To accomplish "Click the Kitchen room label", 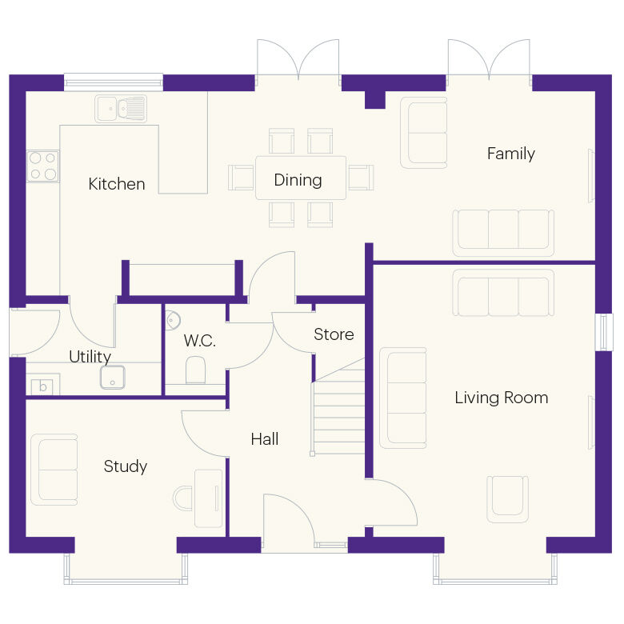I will (x=117, y=184).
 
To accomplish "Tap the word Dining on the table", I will (x=298, y=180).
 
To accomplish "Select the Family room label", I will (x=510, y=154).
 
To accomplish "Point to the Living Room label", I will (x=501, y=398).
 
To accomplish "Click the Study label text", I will (x=126, y=466).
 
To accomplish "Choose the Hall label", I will (x=265, y=438).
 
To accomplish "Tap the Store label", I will (x=334, y=334).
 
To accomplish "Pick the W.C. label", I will (x=199, y=341).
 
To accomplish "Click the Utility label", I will (x=90, y=357).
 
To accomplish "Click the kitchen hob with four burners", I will (x=43, y=166).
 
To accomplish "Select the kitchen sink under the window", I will (x=121, y=108).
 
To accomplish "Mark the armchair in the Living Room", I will (x=508, y=497).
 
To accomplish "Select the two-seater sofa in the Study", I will (x=54, y=470).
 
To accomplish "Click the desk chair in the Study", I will (x=182, y=498).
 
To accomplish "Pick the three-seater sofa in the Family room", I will (x=503, y=232).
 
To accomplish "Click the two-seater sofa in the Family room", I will (x=424, y=132).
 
